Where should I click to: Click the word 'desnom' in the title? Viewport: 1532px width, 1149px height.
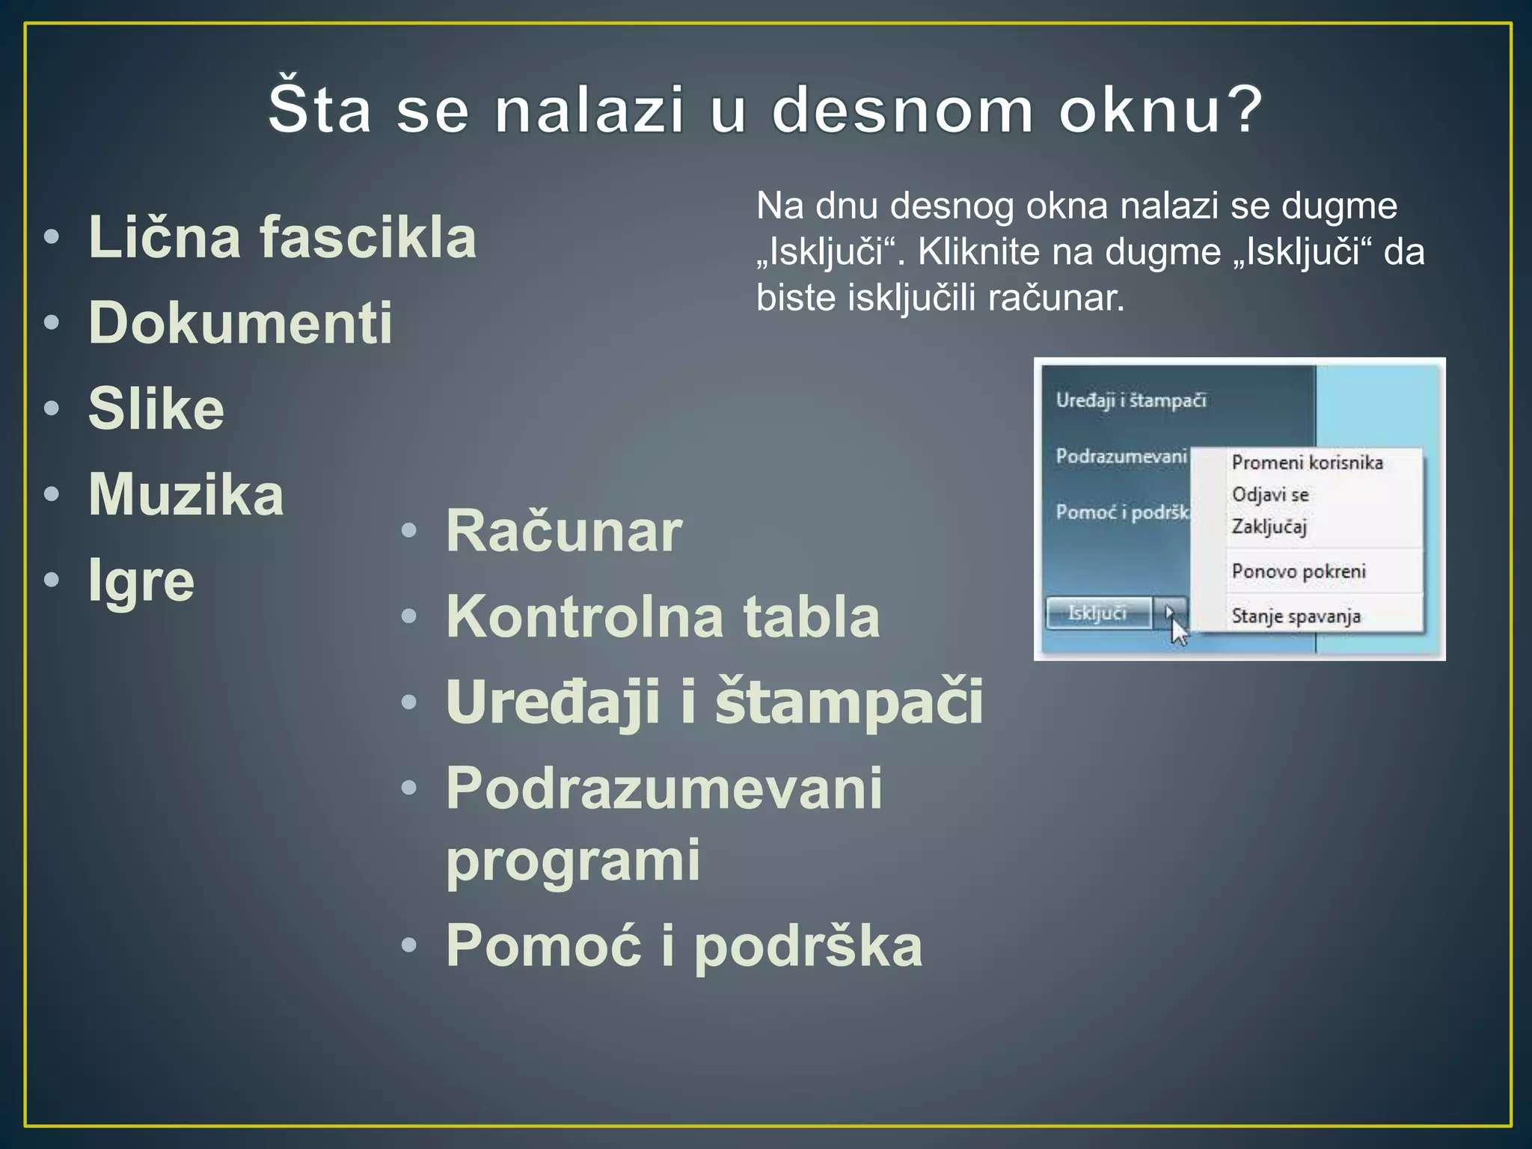[x=901, y=111]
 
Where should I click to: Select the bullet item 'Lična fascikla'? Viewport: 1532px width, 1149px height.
[x=282, y=238]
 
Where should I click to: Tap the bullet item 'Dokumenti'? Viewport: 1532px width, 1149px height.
[x=240, y=323]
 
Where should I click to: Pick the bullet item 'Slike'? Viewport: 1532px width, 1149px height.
[x=156, y=409]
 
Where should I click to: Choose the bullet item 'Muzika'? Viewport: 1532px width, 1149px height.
[x=186, y=494]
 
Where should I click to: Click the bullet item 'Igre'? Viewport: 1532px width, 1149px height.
[x=141, y=581]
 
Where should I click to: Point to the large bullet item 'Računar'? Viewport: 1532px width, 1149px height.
[x=563, y=531]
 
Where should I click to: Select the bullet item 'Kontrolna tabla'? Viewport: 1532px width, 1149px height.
[x=662, y=617]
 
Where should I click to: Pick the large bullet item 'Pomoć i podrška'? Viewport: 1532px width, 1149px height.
[x=683, y=946]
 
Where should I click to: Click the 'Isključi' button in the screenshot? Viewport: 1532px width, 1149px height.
[x=1097, y=613]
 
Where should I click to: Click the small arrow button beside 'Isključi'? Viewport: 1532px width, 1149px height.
[x=1169, y=613]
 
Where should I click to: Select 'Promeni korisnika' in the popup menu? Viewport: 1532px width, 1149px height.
[x=1307, y=463]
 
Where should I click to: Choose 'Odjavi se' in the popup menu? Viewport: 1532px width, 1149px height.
[x=1270, y=495]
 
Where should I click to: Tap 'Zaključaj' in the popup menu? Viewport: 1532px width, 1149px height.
[x=1269, y=527]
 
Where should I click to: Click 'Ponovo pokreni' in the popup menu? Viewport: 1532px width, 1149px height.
[x=1299, y=572]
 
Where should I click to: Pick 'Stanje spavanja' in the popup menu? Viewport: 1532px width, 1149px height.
[x=1296, y=616]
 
